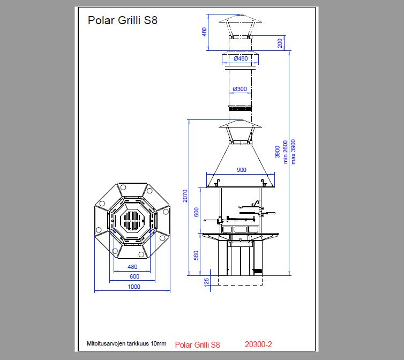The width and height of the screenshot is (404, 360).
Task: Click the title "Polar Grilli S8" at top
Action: [122, 21]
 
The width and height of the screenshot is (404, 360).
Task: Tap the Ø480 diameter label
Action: [241, 58]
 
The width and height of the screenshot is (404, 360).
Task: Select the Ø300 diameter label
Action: [240, 89]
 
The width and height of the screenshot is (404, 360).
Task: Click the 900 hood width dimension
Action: [241, 170]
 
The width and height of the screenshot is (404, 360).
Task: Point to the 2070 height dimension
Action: [185, 197]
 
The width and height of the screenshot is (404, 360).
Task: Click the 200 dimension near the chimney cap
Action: [280, 43]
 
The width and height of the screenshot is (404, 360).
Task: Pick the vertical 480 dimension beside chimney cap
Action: [204, 32]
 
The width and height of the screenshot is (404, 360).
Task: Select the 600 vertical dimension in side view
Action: [196, 212]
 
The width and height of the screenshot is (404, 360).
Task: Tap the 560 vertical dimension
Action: [196, 256]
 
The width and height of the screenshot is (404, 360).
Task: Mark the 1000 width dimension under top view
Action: [133, 287]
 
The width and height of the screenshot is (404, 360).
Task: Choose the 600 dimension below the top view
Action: [133, 276]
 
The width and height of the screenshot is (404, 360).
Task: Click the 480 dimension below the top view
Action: [132, 267]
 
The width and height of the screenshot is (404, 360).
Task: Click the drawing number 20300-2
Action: [258, 344]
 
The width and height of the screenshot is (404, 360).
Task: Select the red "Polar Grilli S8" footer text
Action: [197, 344]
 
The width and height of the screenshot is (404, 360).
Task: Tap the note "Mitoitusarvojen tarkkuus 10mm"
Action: [126, 343]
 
